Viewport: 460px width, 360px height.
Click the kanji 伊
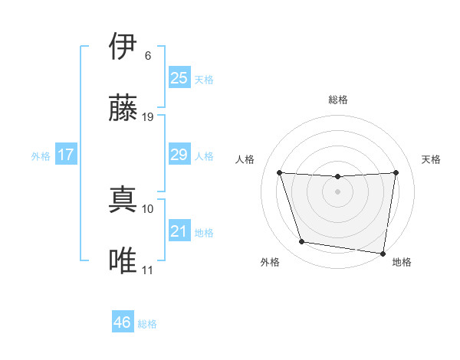pyautogui.click(x=123, y=47)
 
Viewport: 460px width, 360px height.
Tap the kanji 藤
pyautogui.click(x=123, y=108)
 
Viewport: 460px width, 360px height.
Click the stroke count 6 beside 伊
pyautogui.click(x=147, y=56)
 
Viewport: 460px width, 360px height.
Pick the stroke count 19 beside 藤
pyautogui.click(x=148, y=117)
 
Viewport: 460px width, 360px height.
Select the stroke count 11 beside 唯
pyautogui.click(x=148, y=270)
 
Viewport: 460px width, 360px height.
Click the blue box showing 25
pyautogui.click(x=179, y=78)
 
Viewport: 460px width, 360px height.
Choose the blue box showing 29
pyautogui.click(x=179, y=155)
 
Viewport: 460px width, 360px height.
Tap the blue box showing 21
pyautogui.click(x=179, y=231)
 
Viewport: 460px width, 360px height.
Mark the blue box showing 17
pyautogui.click(x=65, y=155)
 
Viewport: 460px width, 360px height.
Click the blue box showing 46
pyautogui.click(x=122, y=322)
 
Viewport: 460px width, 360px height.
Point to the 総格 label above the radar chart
pyautogui.click(x=338, y=100)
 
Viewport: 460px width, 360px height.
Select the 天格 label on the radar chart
pyautogui.click(x=432, y=159)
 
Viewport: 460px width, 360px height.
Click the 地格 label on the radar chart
pyautogui.click(x=402, y=263)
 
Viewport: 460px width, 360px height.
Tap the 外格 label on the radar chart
pyautogui.click(x=270, y=263)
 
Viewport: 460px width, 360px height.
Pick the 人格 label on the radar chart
pyautogui.click(x=245, y=159)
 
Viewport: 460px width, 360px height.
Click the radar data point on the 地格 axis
pyautogui.click(x=383, y=253)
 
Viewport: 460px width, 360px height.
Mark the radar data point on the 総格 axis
pyautogui.click(x=337, y=177)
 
